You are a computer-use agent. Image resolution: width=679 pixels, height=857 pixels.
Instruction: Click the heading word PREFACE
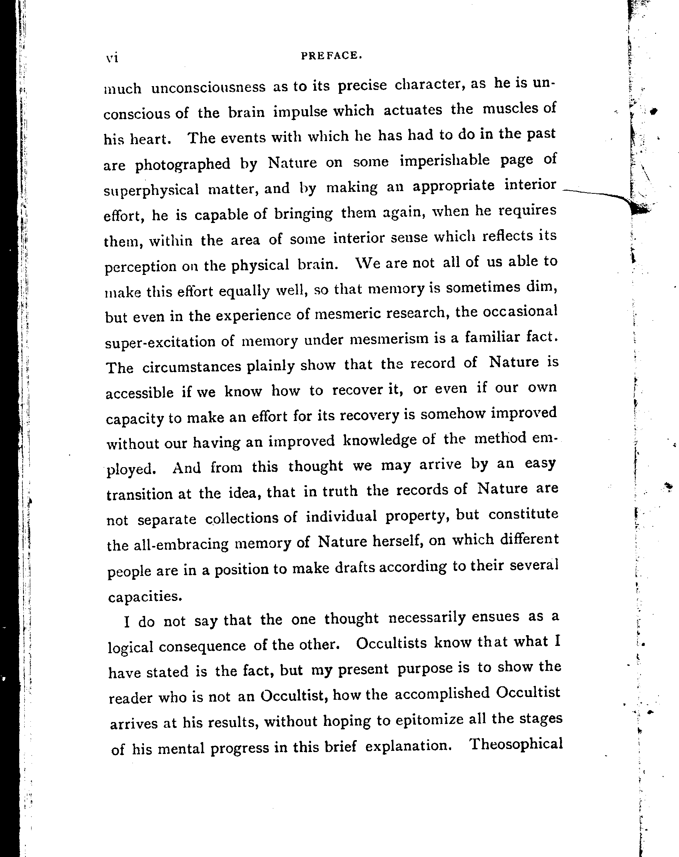tap(331, 56)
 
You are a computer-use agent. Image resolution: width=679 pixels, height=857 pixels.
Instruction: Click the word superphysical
tap(151, 190)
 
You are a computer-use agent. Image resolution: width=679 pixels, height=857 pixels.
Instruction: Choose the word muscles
tap(507, 109)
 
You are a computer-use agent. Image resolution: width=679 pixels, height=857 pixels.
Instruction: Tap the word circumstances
tap(192, 367)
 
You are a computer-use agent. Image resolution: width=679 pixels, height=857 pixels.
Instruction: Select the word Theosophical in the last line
tap(516, 744)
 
